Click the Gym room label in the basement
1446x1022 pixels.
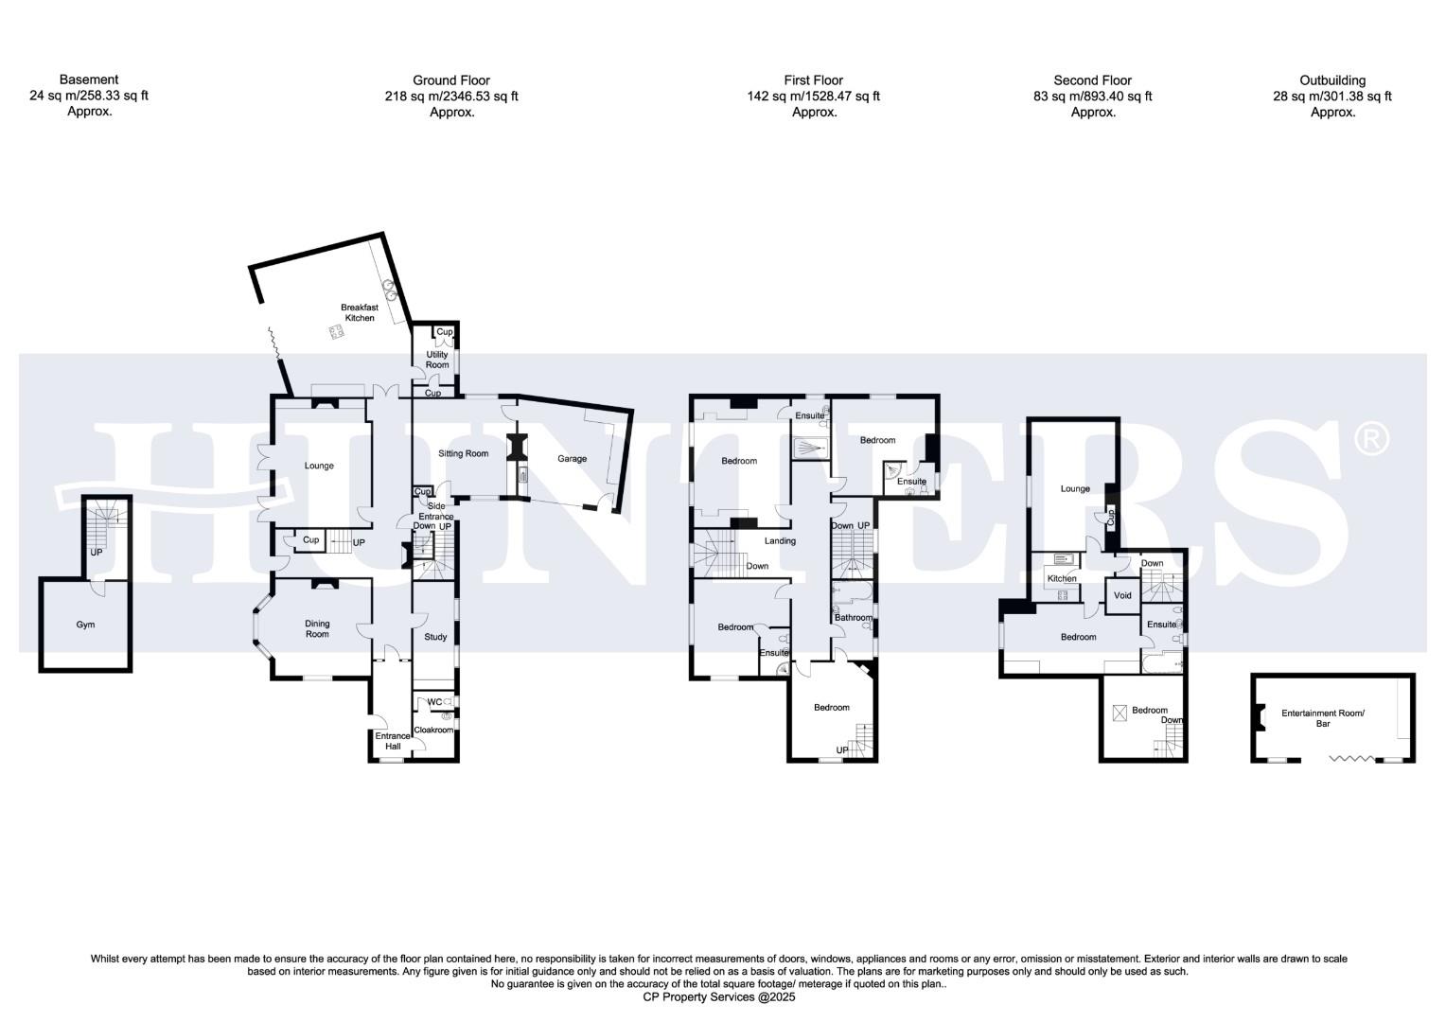(x=85, y=625)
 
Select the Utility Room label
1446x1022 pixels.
(x=437, y=360)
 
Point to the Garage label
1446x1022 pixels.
(x=572, y=459)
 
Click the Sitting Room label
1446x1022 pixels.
(x=463, y=453)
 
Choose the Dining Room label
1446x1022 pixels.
(x=317, y=628)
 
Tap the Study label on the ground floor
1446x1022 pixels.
(x=435, y=637)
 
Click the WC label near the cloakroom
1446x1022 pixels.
(x=434, y=702)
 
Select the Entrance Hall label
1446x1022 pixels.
(x=393, y=741)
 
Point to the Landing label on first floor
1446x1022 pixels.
(x=780, y=541)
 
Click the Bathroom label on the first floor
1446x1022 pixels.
(x=853, y=618)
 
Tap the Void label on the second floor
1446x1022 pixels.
(x=1122, y=595)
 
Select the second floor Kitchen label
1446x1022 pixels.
(x=1061, y=578)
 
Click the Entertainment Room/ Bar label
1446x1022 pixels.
(x=1322, y=718)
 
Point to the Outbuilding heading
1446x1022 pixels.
(x=1332, y=80)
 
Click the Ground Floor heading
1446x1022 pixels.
(x=451, y=80)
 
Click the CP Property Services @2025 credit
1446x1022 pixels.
(x=719, y=996)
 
